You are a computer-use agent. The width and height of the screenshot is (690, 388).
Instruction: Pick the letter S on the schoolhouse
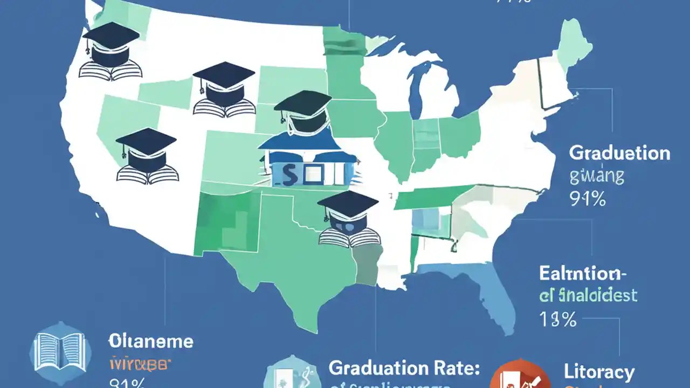pos(286,174)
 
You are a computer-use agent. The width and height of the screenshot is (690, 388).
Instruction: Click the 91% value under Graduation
pos(588,199)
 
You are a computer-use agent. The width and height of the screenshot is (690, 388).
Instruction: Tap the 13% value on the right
pos(557,320)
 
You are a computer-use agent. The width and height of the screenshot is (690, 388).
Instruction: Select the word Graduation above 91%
pos(619,153)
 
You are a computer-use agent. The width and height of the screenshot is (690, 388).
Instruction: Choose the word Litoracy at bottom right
pos(599,372)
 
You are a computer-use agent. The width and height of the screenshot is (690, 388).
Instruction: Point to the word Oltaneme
pos(151,341)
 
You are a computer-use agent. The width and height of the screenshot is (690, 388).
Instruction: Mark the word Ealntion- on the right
pos(583,273)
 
